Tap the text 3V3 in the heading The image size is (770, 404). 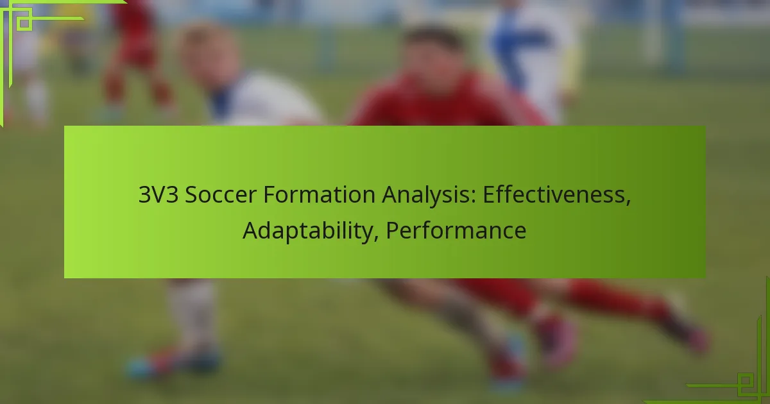[x=158, y=194]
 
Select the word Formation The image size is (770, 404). [x=319, y=194]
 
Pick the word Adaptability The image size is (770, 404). [x=308, y=231]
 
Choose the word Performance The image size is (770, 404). [x=456, y=230]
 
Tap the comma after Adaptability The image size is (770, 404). [x=377, y=238]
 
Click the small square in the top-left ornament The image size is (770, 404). [x=24, y=23]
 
